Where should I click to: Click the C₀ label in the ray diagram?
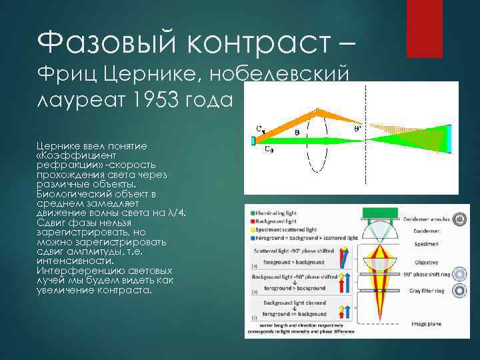pos(269,149)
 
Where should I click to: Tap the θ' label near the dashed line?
pos(359,129)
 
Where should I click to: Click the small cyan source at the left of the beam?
pos(253,141)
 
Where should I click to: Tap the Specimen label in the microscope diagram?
pos(421,244)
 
